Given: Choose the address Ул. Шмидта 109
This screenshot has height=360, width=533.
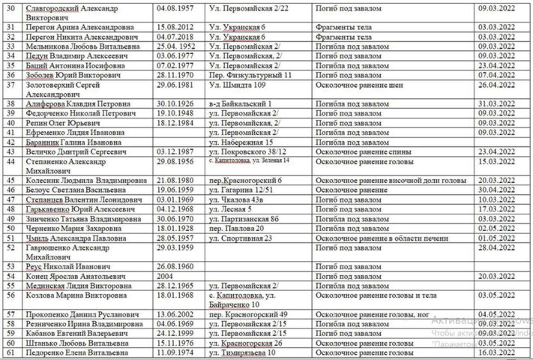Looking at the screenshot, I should (239, 87).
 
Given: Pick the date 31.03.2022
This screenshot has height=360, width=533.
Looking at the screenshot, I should (494, 103).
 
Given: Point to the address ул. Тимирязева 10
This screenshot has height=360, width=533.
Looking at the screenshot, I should (244, 352).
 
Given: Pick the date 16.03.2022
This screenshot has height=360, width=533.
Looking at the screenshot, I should (494, 352).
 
